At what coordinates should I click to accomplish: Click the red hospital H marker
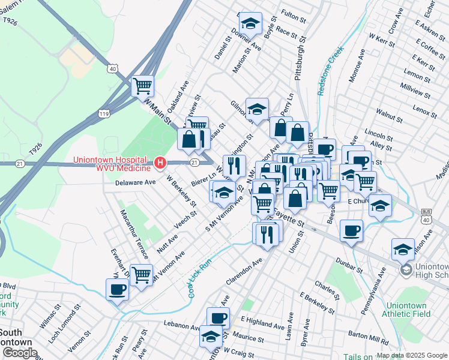160,163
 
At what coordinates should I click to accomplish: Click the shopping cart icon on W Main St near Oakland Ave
142,86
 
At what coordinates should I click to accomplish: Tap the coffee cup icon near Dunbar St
351,230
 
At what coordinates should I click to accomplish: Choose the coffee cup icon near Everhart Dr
117,289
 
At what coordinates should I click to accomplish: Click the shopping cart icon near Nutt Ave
141,275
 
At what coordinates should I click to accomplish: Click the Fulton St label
294,13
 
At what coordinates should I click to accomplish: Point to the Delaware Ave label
136,182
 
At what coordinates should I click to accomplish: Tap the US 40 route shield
112,69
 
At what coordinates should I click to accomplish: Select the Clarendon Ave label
244,272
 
